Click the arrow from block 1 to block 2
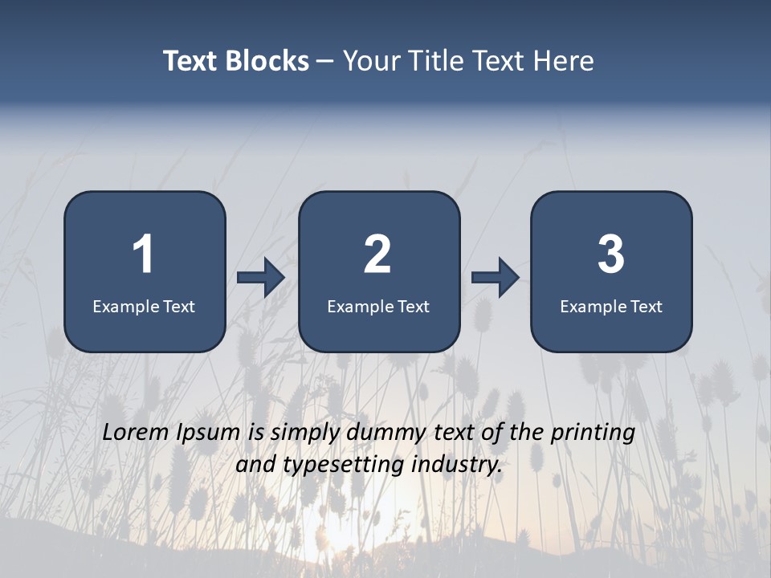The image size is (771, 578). (261, 278)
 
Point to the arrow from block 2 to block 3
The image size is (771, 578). (496, 278)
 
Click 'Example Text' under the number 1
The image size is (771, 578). (144, 306)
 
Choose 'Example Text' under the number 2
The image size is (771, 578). (378, 306)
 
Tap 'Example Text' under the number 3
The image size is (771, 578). (611, 306)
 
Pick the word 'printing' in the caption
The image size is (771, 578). (592, 433)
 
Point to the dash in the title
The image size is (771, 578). (325, 62)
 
